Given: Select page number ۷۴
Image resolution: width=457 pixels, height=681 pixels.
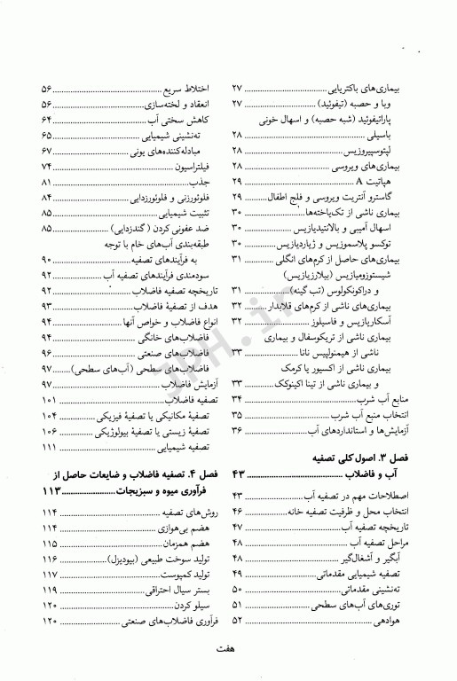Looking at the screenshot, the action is [47, 166].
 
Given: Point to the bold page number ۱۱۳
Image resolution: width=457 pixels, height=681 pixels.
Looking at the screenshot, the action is [52, 490].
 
